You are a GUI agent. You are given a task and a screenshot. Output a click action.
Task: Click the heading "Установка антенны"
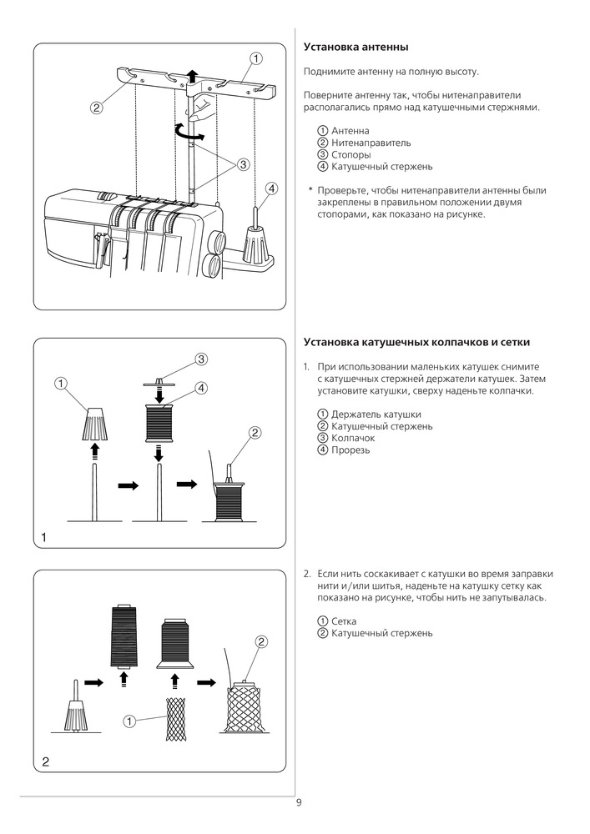(x=356, y=48)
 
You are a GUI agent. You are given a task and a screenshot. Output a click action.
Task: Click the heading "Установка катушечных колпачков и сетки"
(x=416, y=342)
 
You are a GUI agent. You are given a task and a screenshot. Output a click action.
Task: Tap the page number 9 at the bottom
(x=299, y=802)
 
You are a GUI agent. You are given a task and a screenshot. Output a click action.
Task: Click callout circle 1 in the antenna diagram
(x=255, y=58)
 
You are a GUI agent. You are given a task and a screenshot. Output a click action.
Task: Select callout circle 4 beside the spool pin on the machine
(x=271, y=188)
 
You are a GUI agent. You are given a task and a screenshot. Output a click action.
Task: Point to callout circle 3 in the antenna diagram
(x=243, y=163)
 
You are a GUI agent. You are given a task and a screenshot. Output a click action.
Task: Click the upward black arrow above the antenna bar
(x=193, y=77)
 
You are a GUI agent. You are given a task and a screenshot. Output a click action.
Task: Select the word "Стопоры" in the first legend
(x=351, y=155)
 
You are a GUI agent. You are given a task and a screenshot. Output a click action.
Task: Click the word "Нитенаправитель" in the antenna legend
(x=371, y=143)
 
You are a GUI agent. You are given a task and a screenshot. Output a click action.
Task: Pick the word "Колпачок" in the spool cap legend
(x=353, y=439)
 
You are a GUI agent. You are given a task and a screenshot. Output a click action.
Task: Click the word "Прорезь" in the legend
(x=350, y=450)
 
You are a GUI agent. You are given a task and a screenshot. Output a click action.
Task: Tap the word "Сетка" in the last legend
(x=344, y=621)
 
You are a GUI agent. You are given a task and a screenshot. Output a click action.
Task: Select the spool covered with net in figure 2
(x=243, y=707)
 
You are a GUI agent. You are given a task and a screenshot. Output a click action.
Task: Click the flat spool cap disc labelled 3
(x=159, y=383)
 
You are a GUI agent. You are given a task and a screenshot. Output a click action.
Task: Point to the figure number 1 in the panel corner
(x=43, y=538)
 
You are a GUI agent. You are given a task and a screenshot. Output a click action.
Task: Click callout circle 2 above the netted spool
(x=261, y=642)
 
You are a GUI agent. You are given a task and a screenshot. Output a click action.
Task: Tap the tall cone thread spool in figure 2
(x=124, y=636)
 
